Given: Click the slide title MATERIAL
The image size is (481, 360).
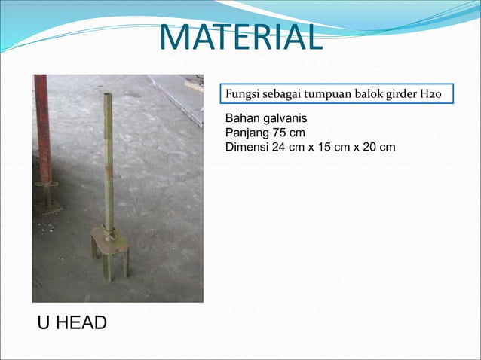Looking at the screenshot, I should [x=240, y=38].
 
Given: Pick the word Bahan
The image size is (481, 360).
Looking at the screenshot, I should [x=241, y=119].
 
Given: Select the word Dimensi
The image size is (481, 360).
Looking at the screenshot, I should [x=247, y=146].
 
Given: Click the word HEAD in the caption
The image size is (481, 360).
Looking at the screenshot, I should [x=81, y=323].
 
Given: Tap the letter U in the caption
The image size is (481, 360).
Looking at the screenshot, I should [x=44, y=323].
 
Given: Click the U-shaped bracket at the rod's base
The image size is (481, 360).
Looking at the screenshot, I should [x=110, y=252].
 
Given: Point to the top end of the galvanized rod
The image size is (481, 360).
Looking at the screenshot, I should [x=107, y=96].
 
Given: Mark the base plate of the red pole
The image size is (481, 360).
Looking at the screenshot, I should [x=49, y=205].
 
